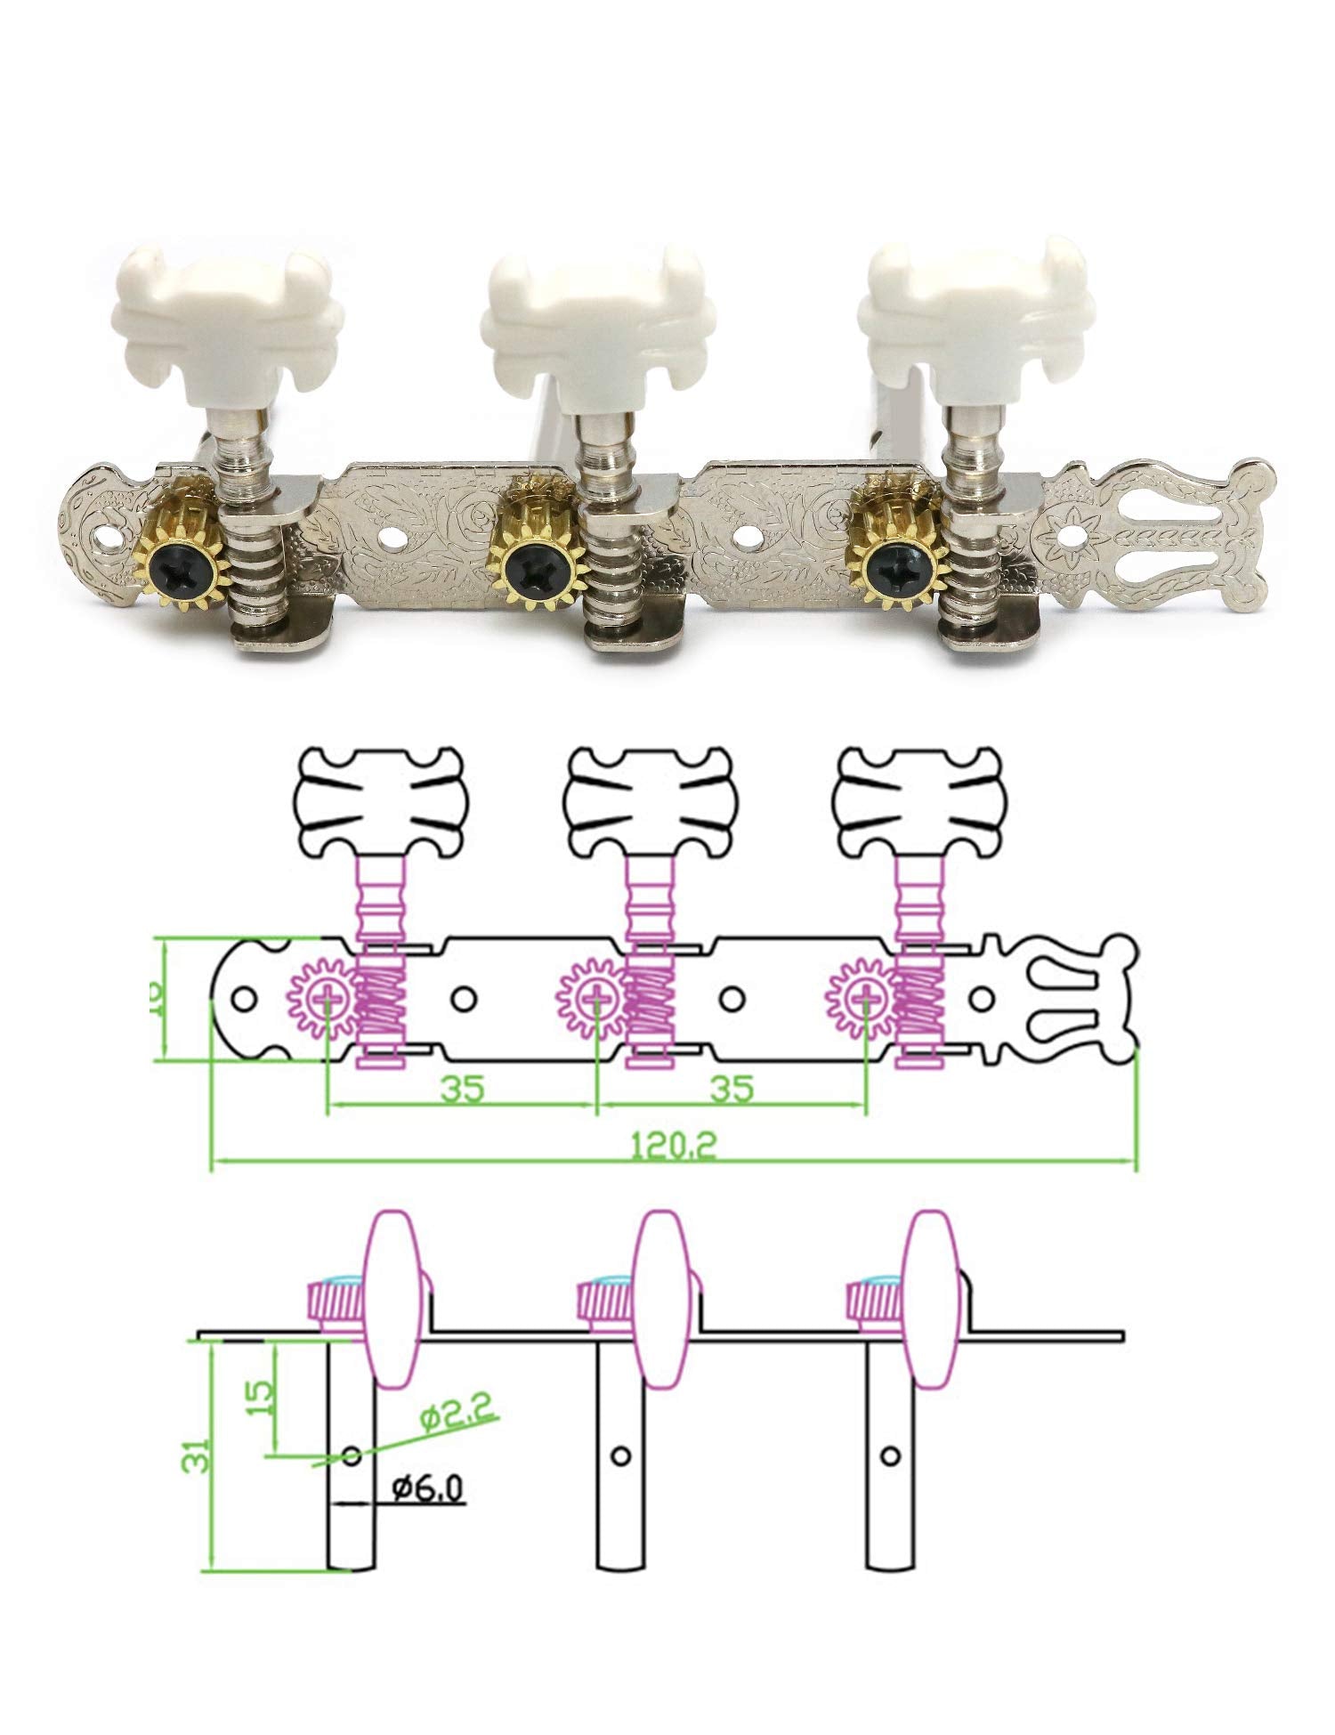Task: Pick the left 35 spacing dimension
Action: click(x=463, y=1088)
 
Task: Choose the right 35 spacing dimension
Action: click(x=732, y=1088)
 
